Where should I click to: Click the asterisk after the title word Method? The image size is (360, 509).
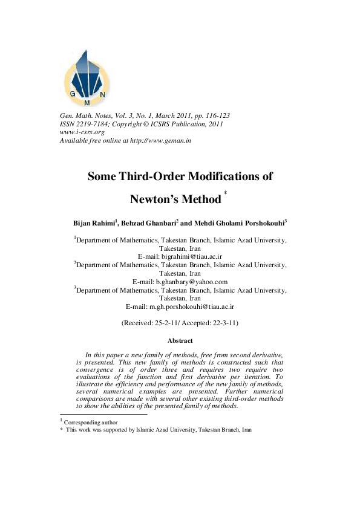[226, 193]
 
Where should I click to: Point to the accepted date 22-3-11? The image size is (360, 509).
[223, 323]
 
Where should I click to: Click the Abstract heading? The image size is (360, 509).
[180, 341]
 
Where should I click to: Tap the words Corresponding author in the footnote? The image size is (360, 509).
[91, 422]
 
